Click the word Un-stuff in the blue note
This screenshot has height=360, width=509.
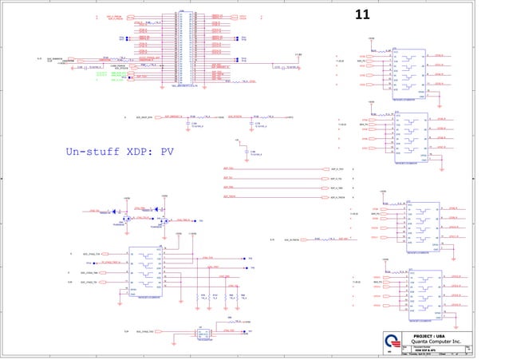pos(90,151)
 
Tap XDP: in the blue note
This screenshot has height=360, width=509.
pos(138,151)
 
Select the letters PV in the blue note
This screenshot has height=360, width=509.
pos(168,151)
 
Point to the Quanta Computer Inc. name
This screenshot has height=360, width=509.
pos(440,341)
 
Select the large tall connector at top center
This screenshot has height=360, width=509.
pos(181,50)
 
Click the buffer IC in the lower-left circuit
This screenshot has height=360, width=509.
pos(148,271)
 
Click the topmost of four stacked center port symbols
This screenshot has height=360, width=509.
pos(323,169)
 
